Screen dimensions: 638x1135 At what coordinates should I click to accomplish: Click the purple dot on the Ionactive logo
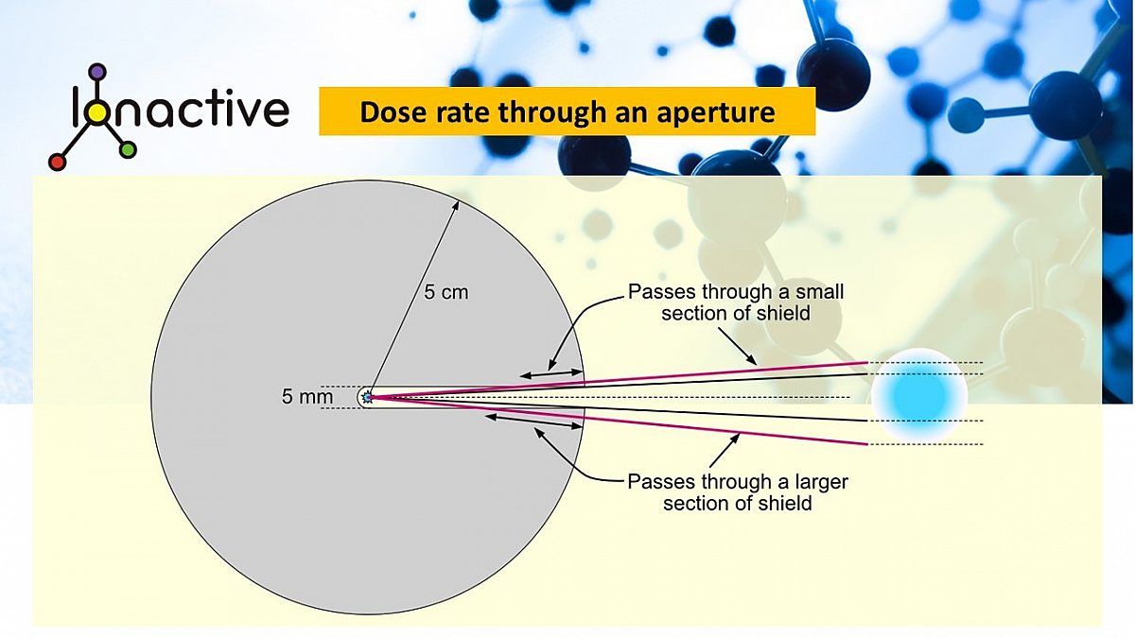pos(97,71)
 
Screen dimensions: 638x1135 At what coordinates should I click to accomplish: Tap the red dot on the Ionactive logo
pos(57,162)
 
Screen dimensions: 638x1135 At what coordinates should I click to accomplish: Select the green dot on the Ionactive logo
pos(129,149)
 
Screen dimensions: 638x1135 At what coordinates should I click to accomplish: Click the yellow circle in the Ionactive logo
pos(97,112)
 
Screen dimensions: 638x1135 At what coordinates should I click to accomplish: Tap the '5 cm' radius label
pos(445,293)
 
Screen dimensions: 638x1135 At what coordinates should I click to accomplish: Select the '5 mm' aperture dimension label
pos(307,398)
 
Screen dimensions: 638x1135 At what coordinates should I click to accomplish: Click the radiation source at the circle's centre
pos(367,399)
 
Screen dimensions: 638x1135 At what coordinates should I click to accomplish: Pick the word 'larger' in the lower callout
pos(819,482)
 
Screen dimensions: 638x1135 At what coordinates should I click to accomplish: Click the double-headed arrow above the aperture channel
pos(551,375)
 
